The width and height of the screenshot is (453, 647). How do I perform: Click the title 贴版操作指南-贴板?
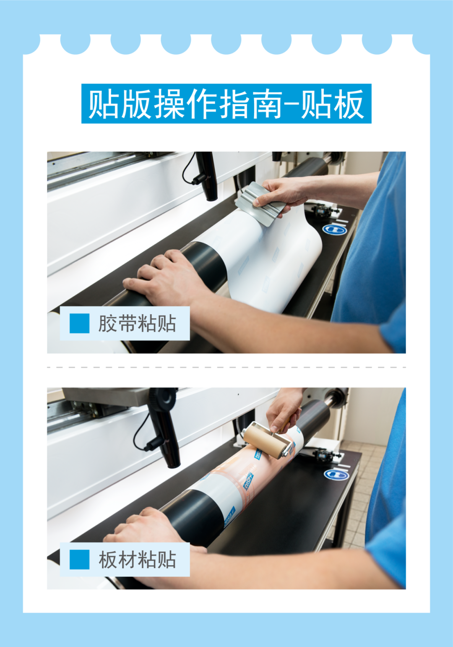pyautogui.click(x=226, y=104)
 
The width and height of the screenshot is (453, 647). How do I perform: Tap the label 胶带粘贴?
pyautogui.click(x=137, y=323)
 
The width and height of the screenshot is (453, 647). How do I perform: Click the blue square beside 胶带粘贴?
pyautogui.click(x=79, y=323)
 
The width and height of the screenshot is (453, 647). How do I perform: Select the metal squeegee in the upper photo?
pyautogui.click(x=260, y=203)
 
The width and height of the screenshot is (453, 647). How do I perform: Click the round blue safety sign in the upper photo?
pyautogui.click(x=334, y=230)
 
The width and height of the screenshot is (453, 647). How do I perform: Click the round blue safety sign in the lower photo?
pyautogui.click(x=336, y=474)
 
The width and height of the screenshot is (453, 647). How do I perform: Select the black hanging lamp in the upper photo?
pyautogui.click(x=206, y=176)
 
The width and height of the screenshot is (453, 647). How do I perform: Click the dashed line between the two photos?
pyautogui.click(x=226, y=368)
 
